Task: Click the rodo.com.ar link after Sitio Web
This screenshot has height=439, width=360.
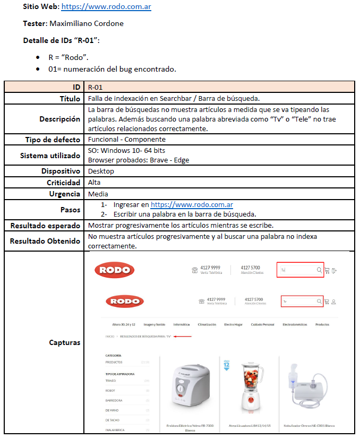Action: tap(106, 7)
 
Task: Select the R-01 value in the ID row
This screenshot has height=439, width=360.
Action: tap(96, 87)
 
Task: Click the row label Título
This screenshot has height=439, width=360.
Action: tap(70, 99)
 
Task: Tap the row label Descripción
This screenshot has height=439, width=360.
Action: tap(59, 119)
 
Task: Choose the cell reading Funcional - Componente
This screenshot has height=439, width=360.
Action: tap(126, 140)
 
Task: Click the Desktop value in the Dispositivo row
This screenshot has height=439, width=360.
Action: tap(101, 171)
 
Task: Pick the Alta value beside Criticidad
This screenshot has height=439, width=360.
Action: tap(95, 183)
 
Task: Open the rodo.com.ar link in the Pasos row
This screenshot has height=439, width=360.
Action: tap(192, 205)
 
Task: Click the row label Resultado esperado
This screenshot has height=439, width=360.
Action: tap(46, 226)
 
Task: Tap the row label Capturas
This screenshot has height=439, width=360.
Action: tap(64, 342)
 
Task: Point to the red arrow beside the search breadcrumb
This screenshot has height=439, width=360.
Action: tap(182, 336)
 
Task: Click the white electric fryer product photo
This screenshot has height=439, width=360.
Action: tap(189, 385)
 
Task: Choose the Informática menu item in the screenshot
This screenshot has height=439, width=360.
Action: tap(181, 324)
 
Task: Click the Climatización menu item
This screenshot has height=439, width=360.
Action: tap(207, 324)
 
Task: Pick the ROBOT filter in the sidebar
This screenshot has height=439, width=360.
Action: tap(110, 390)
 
